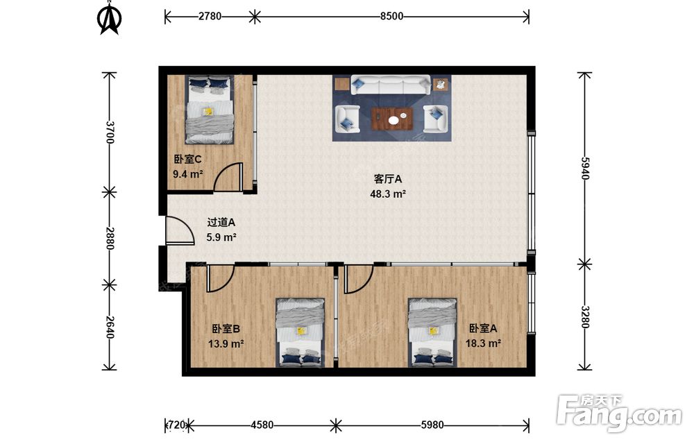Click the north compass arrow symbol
109,18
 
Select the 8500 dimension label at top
391,17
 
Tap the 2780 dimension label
210,17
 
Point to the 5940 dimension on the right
585,168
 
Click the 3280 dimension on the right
585,317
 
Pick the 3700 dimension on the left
110,133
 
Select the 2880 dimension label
110,239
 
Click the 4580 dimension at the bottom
262,425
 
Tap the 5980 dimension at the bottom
432,425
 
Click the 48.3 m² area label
388,194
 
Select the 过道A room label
221,223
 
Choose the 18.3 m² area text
483,343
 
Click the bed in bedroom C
210,110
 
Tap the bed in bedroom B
300,333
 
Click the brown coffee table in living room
392,119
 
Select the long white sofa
391,85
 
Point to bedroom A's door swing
359,279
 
